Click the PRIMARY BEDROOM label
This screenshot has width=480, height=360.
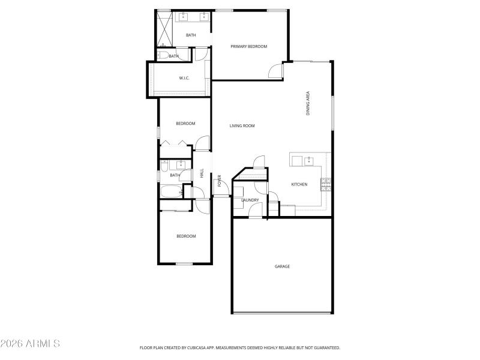click(x=248, y=46)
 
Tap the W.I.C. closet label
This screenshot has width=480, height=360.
click(x=184, y=78)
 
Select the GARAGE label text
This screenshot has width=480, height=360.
click(x=282, y=266)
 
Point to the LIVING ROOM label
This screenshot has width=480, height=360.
click(x=242, y=126)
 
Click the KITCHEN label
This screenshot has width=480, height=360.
click(x=299, y=184)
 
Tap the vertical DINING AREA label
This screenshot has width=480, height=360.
click(x=308, y=103)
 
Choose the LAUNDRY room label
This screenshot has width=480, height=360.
click(x=250, y=200)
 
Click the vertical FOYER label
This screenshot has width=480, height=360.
click(x=220, y=180)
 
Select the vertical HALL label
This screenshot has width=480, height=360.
click(x=202, y=173)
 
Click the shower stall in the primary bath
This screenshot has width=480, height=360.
click(x=164, y=29)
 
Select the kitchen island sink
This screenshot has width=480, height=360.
click(x=309, y=160)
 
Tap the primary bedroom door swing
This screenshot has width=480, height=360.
click(x=276, y=71)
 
